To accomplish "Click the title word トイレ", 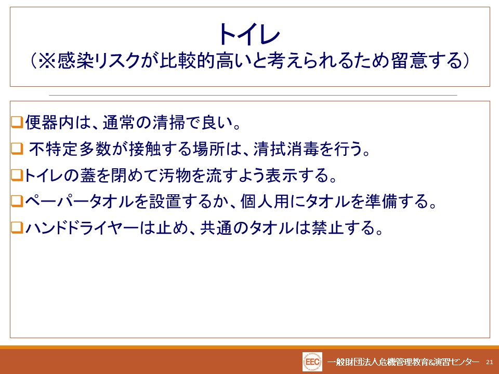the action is pos(249,34).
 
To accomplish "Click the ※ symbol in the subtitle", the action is pos(47,60).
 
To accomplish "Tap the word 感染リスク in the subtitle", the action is pos(99,60).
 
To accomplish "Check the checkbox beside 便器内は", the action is pos(17,122).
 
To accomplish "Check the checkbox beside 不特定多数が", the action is pos(17,149).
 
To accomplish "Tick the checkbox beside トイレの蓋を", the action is pos(17,175).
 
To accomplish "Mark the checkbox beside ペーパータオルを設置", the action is pos(17,202).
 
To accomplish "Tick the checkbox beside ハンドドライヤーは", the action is pos(17,228).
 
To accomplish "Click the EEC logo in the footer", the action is pos(312,362).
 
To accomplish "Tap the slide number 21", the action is pos(490,362).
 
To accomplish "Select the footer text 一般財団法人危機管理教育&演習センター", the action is pos(403,362).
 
